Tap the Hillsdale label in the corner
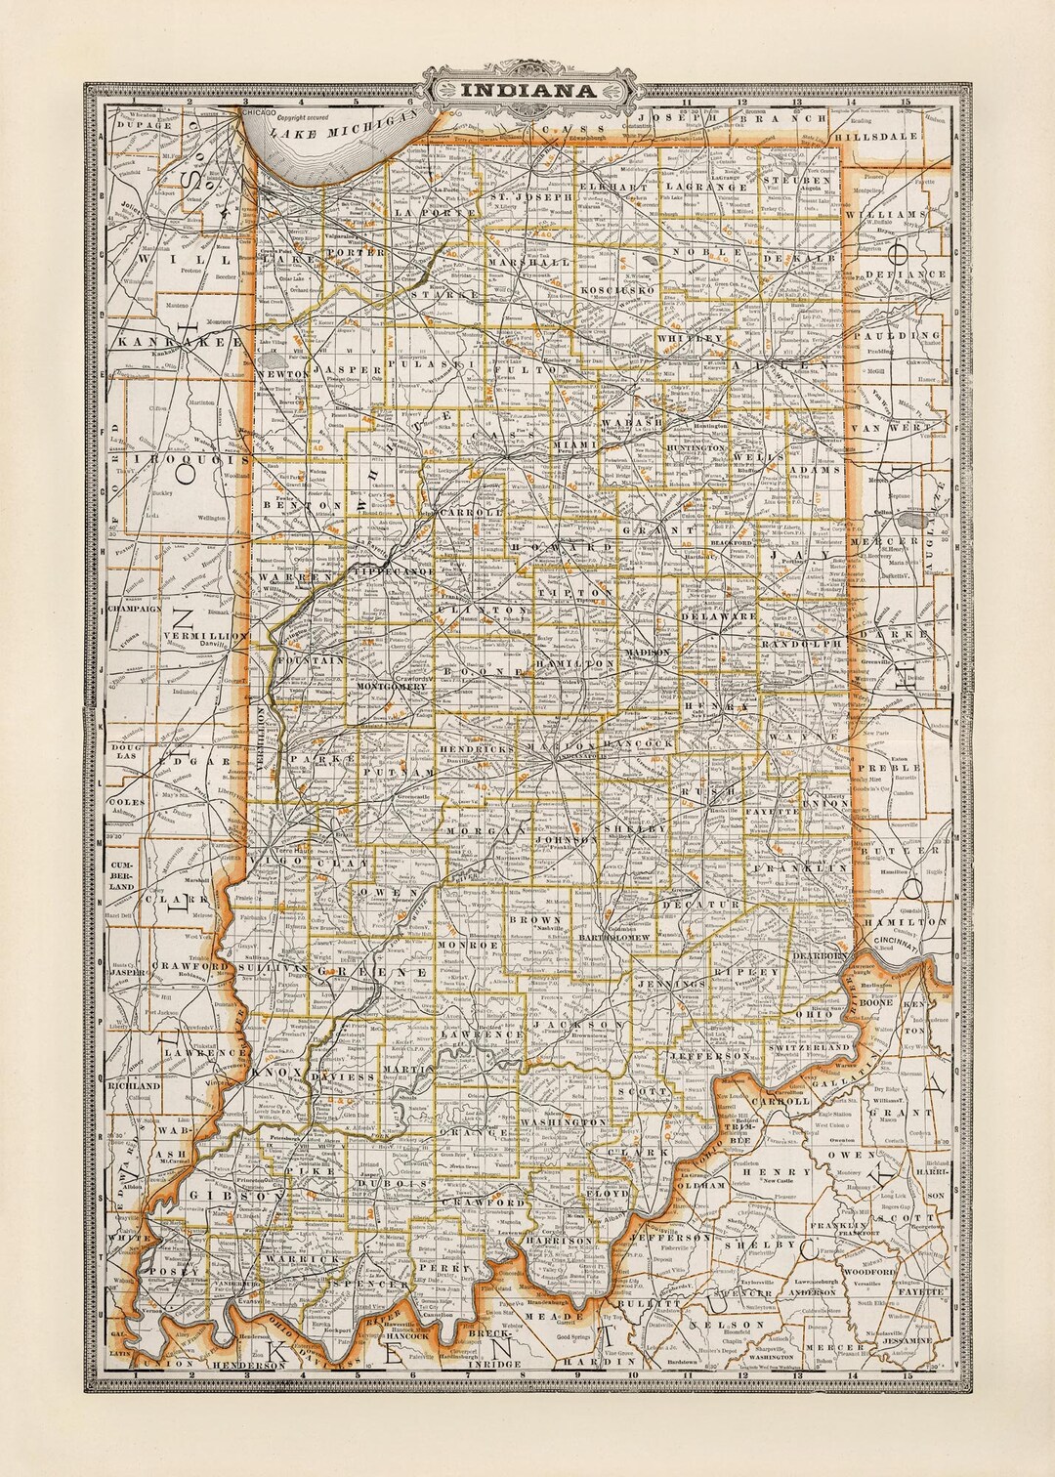pos(884,137)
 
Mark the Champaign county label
pos(135,608)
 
